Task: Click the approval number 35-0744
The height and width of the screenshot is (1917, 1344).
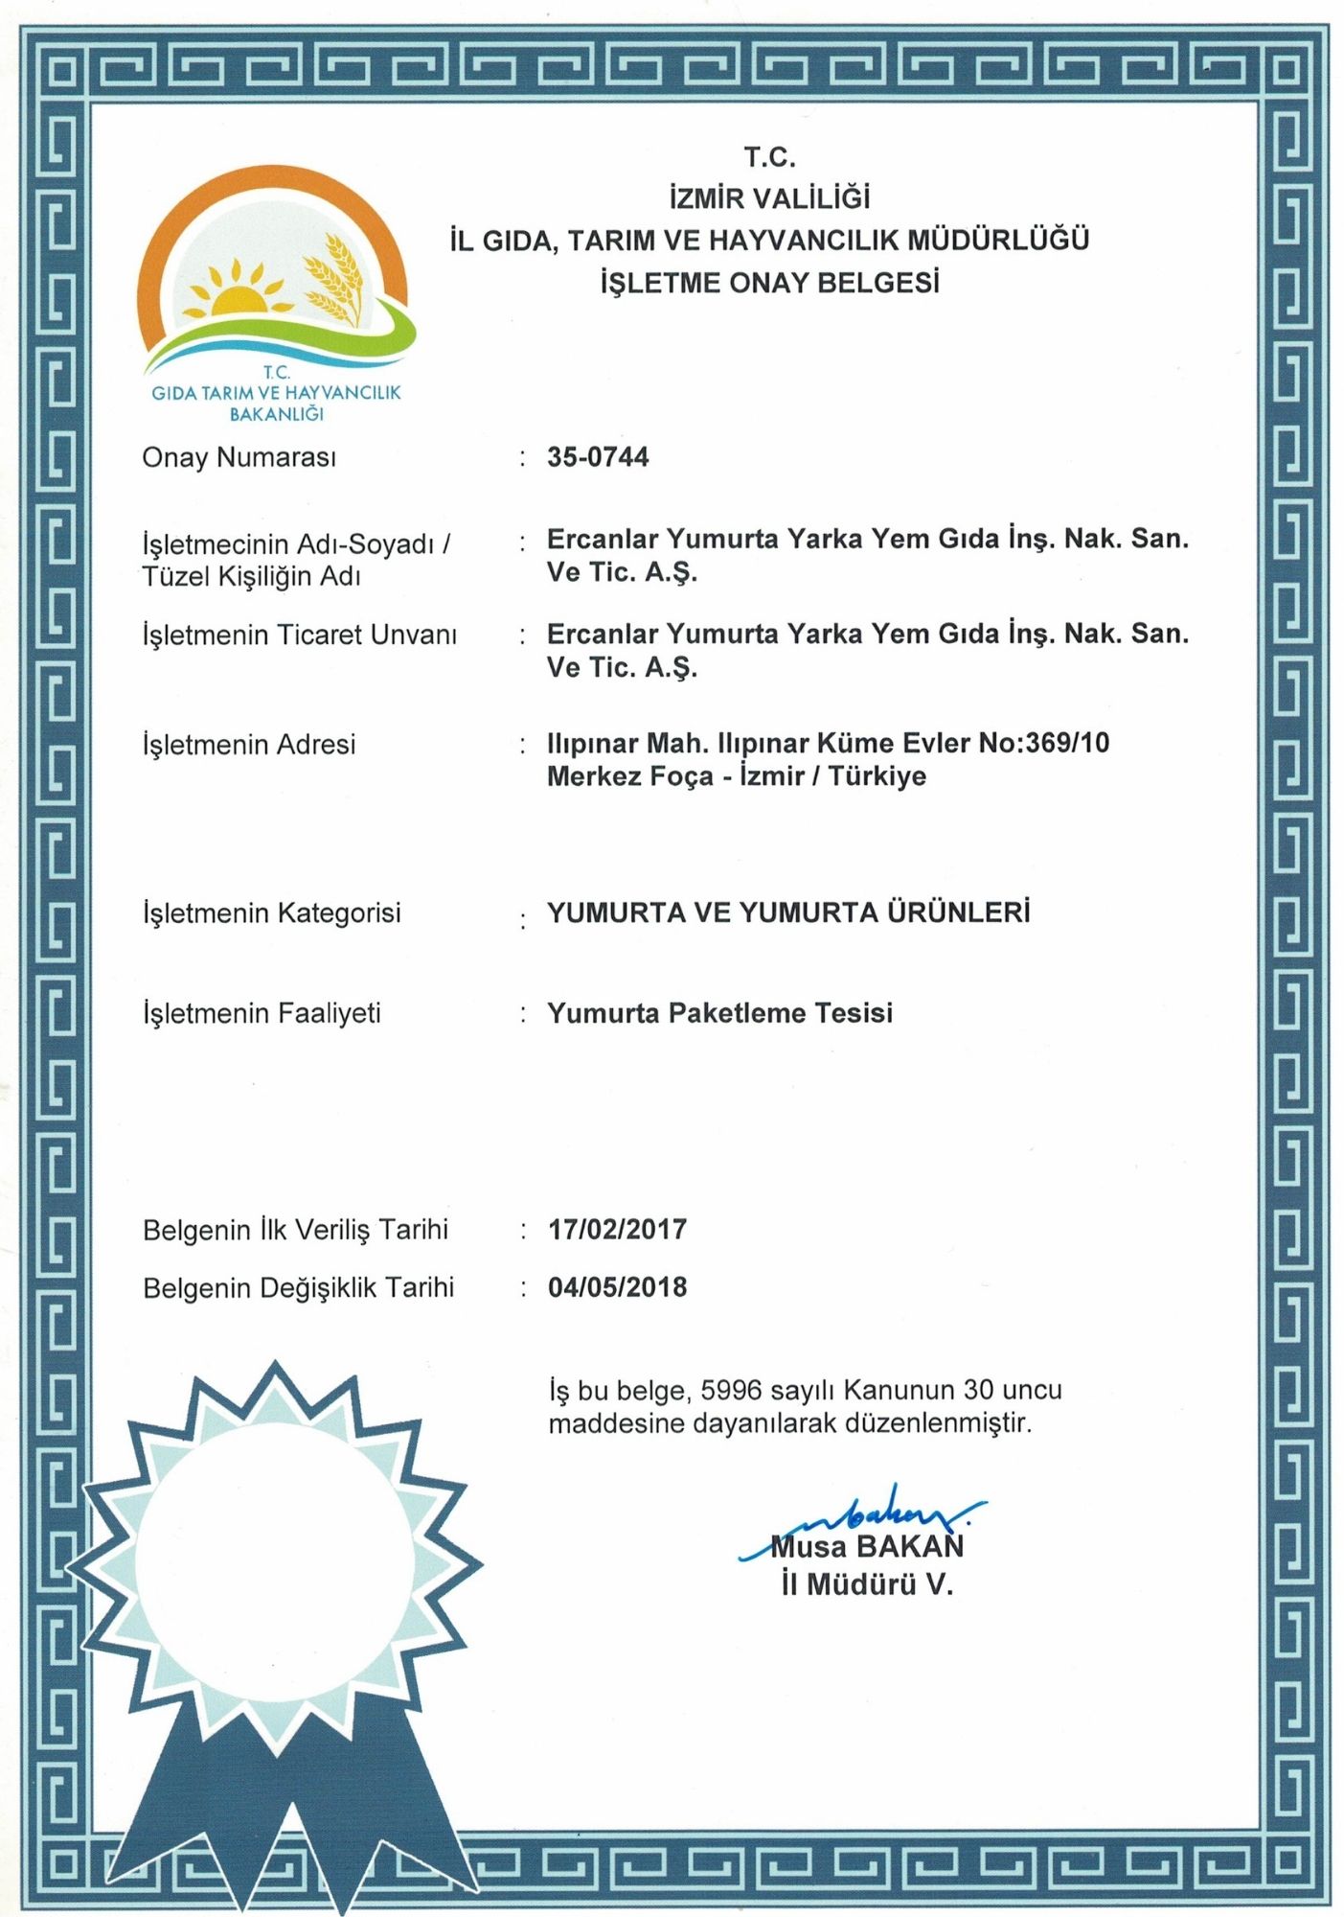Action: (598, 457)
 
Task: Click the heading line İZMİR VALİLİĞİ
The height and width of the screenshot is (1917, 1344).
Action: (769, 198)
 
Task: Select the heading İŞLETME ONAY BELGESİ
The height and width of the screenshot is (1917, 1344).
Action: (769, 283)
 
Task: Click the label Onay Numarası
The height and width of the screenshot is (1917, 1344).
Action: (239, 458)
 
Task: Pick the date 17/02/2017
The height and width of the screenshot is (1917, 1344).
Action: (617, 1230)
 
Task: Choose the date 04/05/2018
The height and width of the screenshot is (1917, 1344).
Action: (617, 1287)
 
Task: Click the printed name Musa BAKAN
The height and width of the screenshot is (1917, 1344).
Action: (867, 1546)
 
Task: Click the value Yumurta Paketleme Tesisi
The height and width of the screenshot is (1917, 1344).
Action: (719, 1013)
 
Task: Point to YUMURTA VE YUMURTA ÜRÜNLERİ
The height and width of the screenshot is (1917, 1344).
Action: (788, 912)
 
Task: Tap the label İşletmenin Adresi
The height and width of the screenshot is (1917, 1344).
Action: (249, 745)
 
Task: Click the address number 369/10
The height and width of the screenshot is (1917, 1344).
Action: (1067, 743)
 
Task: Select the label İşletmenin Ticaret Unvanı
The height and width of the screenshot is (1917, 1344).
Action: (299, 635)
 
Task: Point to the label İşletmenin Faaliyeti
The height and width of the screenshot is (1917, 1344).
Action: (262, 1013)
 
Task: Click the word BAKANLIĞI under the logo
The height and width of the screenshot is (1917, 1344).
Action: (276, 414)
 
